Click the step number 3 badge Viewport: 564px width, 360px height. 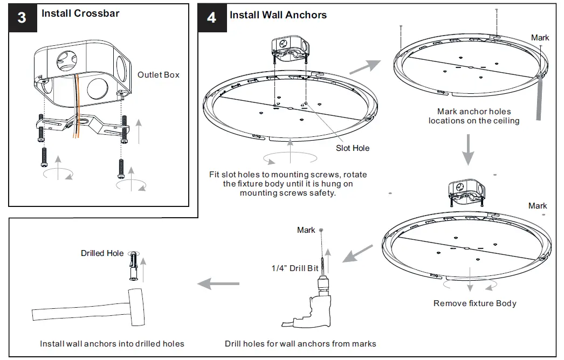pos(22,17)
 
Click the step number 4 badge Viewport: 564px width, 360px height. pos(211,17)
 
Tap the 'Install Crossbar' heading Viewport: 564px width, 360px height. pos(80,13)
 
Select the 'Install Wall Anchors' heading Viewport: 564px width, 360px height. pos(278,15)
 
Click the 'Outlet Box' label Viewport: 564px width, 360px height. pos(158,75)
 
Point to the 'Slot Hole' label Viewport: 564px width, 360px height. pos(353,148)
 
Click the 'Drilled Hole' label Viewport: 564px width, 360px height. pos(102,253)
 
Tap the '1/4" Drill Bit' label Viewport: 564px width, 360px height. pos(294,268)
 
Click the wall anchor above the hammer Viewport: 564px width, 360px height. pos(134,268)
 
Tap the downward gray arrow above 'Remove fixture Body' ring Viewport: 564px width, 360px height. pos(468,150)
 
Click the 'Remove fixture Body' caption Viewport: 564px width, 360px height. pos(474,303)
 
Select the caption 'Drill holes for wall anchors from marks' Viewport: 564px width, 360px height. pos(300,344)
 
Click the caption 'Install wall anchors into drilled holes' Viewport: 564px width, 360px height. pos(112,344)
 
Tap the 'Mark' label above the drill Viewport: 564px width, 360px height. pos(306,230)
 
